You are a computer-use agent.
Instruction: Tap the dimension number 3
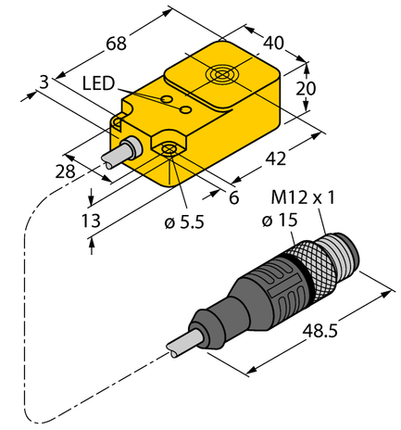tap(44, 86)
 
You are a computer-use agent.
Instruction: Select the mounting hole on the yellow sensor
tap(169, 149)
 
